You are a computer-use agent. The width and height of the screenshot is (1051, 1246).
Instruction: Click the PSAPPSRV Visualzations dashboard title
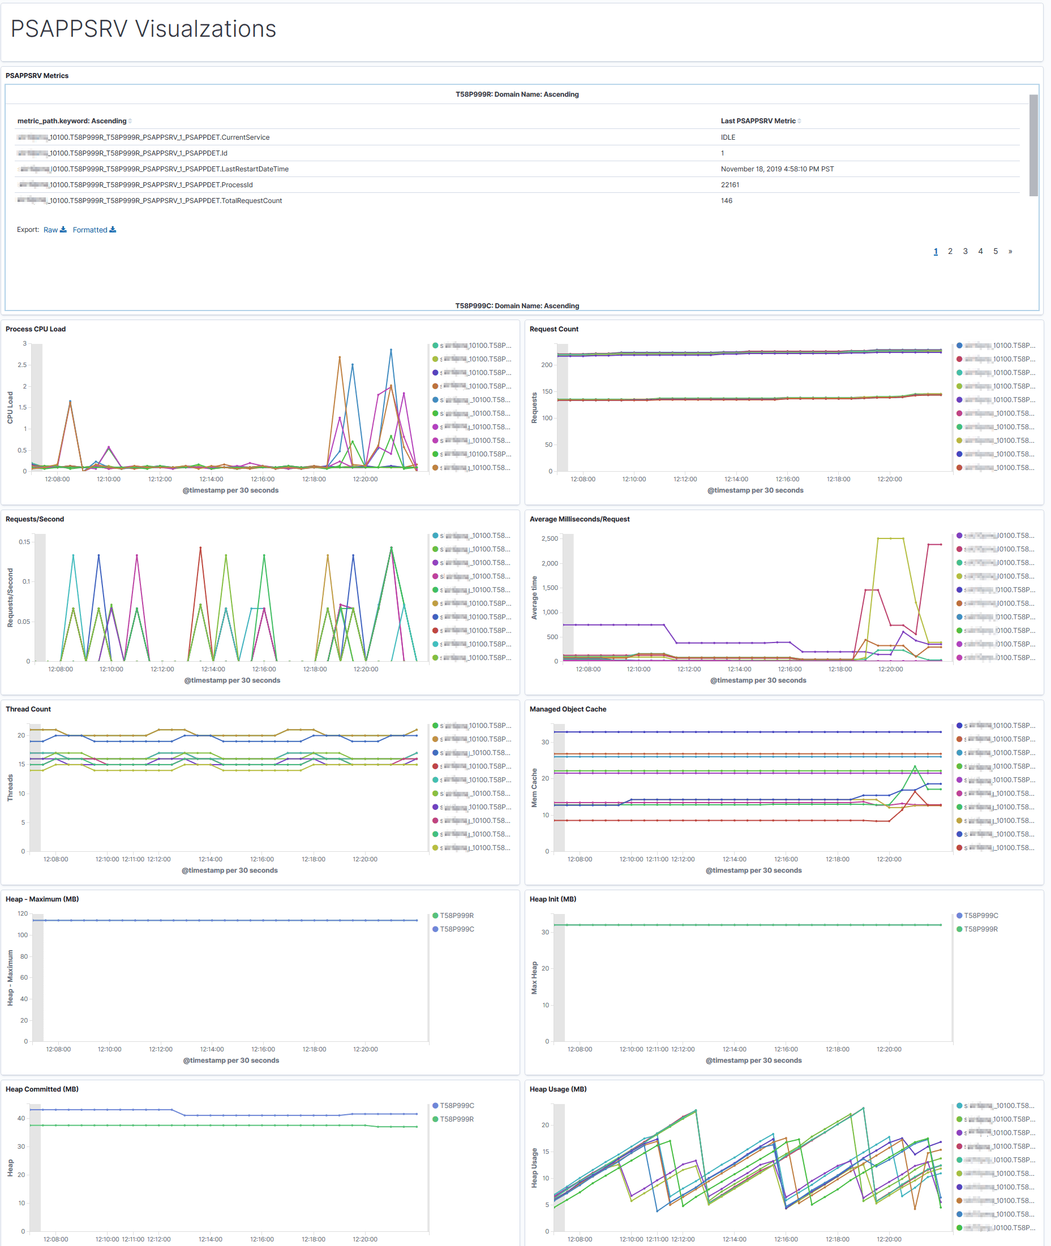point(143,29)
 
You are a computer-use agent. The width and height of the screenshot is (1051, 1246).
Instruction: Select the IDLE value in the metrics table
point(727,137)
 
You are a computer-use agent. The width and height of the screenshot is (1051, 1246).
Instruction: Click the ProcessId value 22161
point(730,185)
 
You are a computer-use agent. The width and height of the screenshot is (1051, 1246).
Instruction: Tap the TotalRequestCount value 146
point(726,201)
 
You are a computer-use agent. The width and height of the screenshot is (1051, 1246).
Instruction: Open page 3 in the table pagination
point(964,251)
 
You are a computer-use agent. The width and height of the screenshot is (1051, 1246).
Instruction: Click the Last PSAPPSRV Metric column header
point(757,121)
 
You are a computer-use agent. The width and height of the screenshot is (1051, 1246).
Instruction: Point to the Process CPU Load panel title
point(36,329)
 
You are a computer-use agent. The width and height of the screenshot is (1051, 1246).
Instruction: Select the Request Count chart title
point(554,329)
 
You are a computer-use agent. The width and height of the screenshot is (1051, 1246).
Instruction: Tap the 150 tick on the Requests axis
point(546,392)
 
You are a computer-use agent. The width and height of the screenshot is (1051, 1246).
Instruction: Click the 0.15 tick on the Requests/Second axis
point(24,542)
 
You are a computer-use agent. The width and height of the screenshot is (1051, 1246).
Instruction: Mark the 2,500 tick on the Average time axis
point(550,539)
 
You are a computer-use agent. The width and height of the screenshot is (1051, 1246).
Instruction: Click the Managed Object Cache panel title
point(567,709)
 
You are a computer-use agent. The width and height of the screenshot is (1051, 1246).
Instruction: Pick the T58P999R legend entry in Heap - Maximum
point(456,916)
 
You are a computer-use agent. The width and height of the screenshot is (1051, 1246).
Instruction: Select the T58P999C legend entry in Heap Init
point(980,916)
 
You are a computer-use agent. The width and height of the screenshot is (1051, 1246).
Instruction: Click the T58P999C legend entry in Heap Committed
point(456,1106)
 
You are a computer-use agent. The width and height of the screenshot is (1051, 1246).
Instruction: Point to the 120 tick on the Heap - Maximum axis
point(23,914)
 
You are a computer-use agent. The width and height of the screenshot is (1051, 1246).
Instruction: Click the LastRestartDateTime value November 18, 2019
point(777,169)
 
